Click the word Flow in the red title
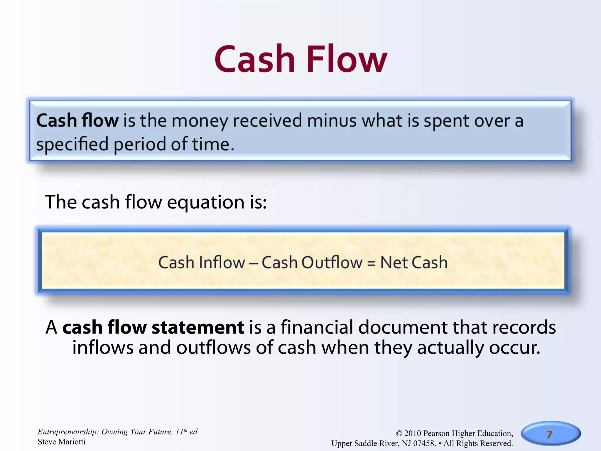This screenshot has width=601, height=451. pyautogui.click(x=347, y=59)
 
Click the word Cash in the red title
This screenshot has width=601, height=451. pyautogui.click(x=255, y=59)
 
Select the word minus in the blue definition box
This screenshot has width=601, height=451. pyautogui.click(x=332, y=121)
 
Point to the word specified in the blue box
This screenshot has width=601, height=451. pyautogui.click(x=72, y=145)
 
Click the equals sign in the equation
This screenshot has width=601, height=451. pyautogui.click(x=371, y=263)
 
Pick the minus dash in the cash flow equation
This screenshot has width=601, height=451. pyautogui.click(x=253, y=263)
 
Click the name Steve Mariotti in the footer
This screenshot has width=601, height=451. pyautogui.click(x=62, y=442)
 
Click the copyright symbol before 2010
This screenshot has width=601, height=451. pyautogui.click(x=399, y=434)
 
